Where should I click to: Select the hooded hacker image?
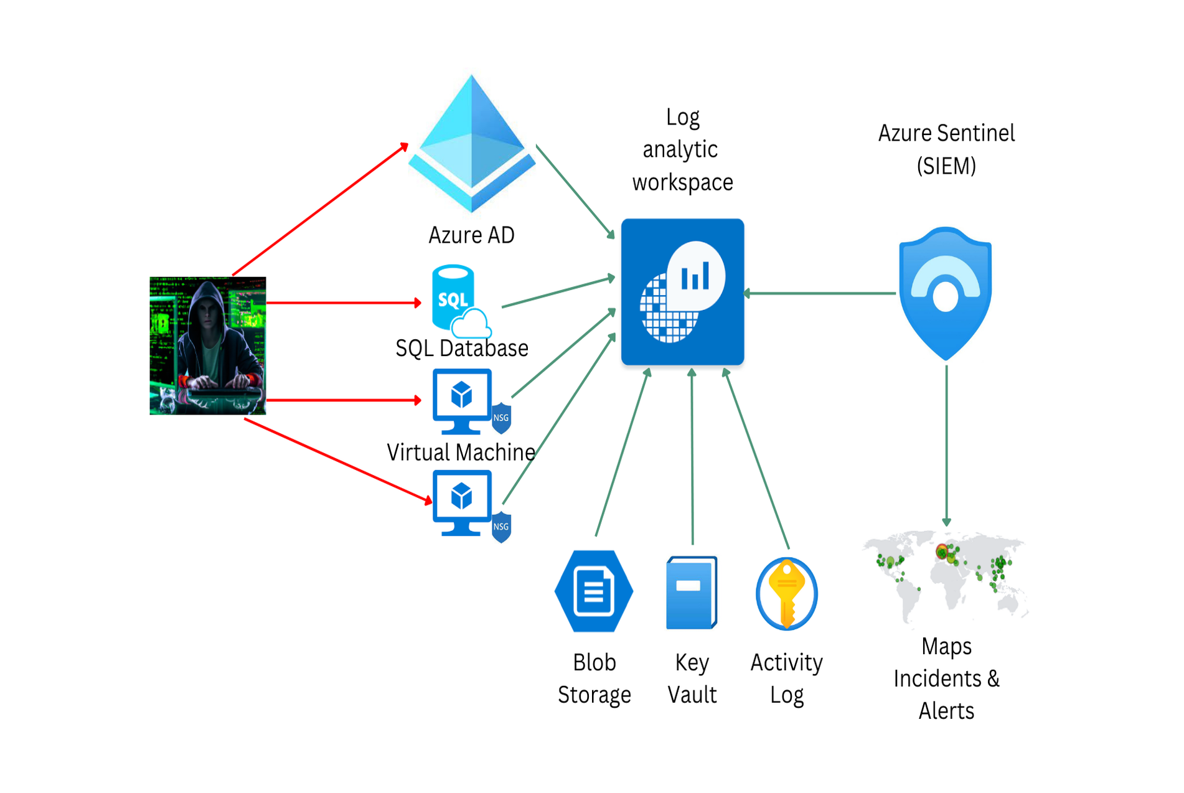tap(208, 345)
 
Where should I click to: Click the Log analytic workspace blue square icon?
tap(682, 292)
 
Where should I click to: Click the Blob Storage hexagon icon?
tap(594, 591)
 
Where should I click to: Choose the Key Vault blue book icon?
tap(691, 593)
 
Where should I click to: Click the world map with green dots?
tap(945, 576)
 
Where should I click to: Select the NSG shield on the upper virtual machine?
tap(502, 418)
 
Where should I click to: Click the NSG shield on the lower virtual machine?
tap(502, 527)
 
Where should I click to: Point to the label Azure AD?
tap(471, 235)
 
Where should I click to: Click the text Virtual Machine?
tap(461, 453)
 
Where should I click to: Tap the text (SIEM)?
tap(946, 166)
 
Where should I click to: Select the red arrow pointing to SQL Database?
tap(342, 303)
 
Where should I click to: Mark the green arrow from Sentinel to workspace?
tap(820, 293)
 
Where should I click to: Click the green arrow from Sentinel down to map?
tap(946, 445)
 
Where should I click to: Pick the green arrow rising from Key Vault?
tap(692, 457)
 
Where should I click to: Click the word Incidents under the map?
tap(937, 678)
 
